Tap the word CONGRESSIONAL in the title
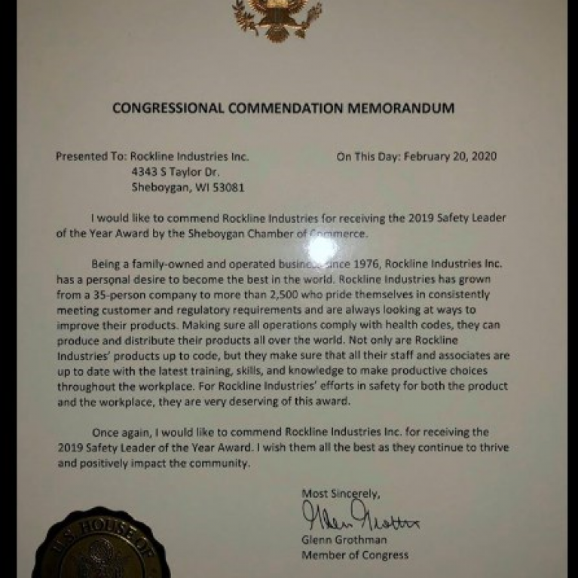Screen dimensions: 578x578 coord(167,108)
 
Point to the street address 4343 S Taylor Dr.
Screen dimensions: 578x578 coord(177,173)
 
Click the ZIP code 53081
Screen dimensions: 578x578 coord(229,188)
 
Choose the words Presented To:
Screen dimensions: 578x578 coord(91,157)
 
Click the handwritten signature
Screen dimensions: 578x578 coord(360,521)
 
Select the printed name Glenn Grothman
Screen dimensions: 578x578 coord(344,540)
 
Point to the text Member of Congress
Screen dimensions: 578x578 coord(355,555)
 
